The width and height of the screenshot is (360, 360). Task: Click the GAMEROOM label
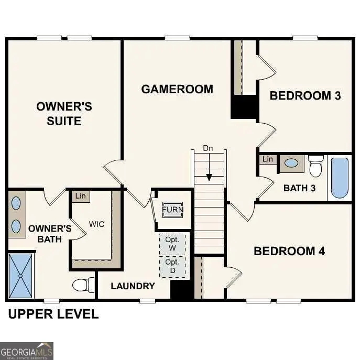(x=177, y=89)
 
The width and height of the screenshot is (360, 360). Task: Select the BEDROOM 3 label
(x=305, y=95)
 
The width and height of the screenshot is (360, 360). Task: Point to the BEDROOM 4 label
(x=289, y=251)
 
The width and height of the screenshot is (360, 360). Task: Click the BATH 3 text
(x=299, y=188)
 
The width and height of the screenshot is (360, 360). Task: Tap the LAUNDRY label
(x=133, y=286)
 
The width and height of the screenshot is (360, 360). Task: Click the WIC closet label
(x=96, y=224)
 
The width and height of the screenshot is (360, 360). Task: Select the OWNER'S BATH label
(x=50, y=234)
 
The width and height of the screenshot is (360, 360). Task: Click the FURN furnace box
(x=172, y=210)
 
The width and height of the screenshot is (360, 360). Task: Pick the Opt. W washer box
(x=172, y=243)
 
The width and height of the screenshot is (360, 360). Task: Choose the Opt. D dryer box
(x=172, y=266)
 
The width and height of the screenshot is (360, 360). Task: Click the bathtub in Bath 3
(x=339, y=178)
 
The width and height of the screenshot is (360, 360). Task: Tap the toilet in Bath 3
(x=315, y=166)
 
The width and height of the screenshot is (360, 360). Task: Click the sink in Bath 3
(x=291, y=163)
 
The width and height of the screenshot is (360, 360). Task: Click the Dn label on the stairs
(x=208, y=148)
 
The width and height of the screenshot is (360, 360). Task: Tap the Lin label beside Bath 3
(x=268, y=159)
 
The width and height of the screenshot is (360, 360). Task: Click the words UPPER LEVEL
(x=53, y=314)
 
